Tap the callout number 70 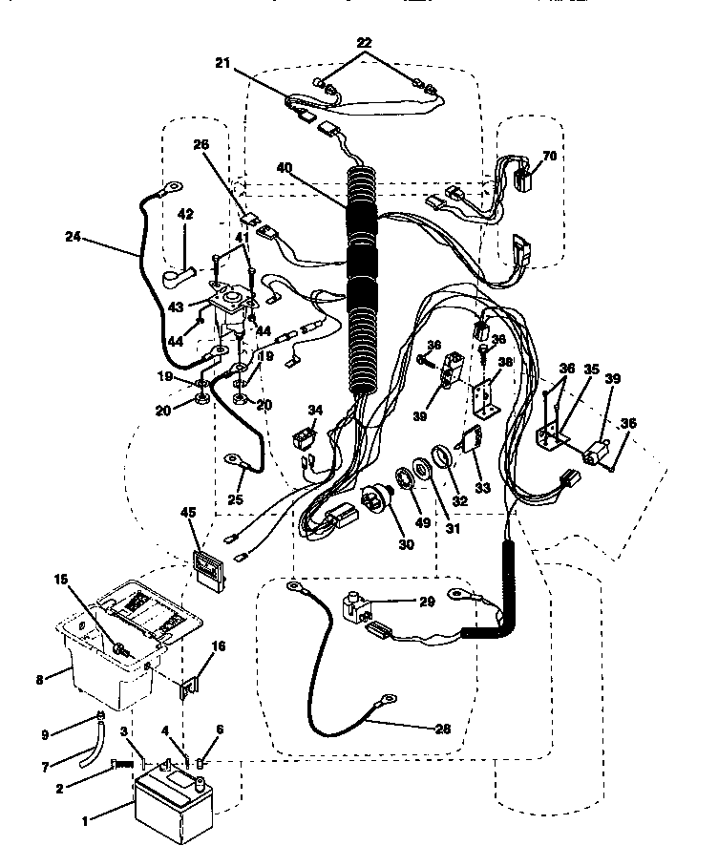pos(549,155)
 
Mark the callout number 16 pos(218,646)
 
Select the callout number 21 pos(222,63)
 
